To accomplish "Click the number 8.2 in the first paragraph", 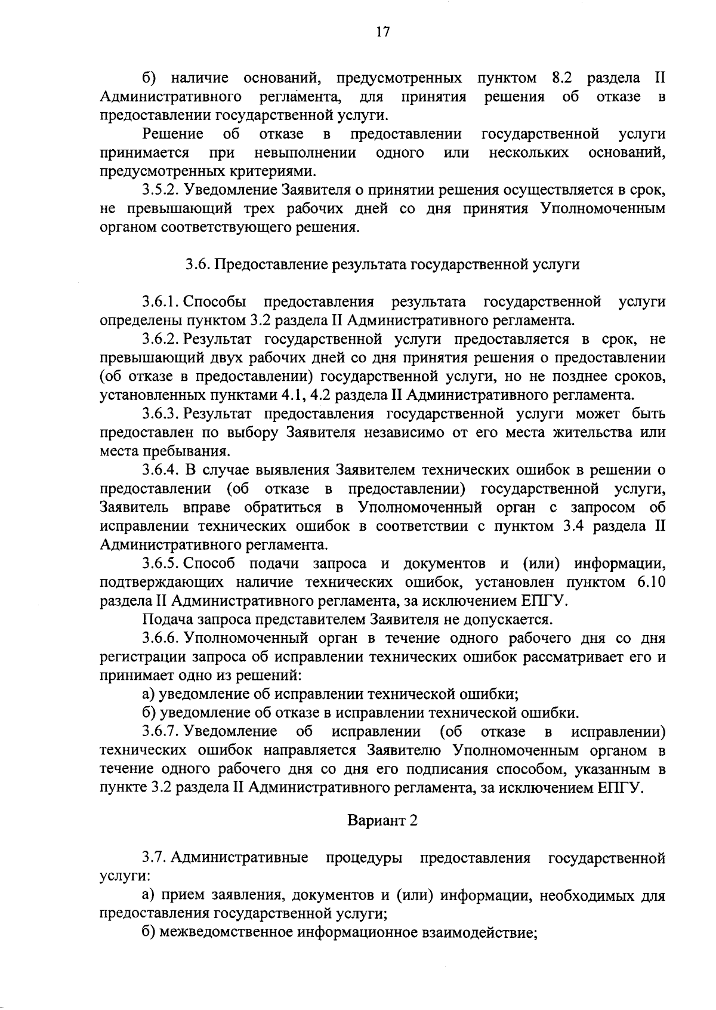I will coord(558,78).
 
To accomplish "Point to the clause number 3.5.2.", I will coord(161,190).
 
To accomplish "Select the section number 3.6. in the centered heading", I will coord(197,264).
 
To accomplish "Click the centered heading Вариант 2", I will coord(382,820).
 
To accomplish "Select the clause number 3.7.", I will coord(153,858).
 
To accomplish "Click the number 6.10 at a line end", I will coord(651,582).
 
